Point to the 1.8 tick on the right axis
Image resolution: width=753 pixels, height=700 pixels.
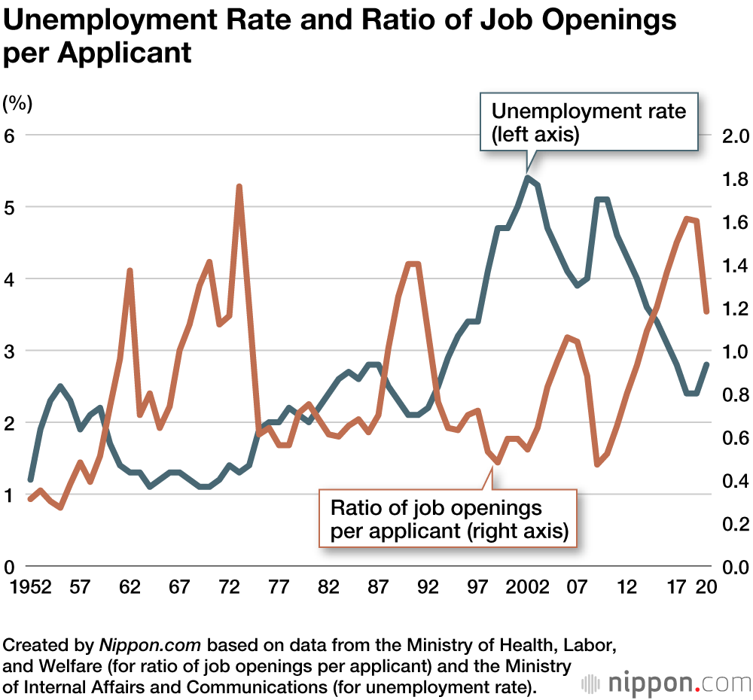point(732,179)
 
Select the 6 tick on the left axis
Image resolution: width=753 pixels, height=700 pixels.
point(11,135)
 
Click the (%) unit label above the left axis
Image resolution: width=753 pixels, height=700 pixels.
point(18,102)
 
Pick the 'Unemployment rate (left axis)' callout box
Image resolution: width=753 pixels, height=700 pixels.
point(588,123)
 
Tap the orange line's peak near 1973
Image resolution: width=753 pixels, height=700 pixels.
point(239,186)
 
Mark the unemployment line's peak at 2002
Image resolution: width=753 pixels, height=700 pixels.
point(529,178)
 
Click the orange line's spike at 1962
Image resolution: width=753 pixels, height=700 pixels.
point(130,270)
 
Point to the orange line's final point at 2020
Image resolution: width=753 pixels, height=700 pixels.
point(707,311)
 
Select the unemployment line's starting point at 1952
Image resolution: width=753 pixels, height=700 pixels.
point(31,479)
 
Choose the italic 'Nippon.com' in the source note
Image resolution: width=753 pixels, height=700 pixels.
point(151,646)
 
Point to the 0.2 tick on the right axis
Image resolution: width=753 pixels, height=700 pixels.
point(732,523)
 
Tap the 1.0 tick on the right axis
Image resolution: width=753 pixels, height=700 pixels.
point(732,352)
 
